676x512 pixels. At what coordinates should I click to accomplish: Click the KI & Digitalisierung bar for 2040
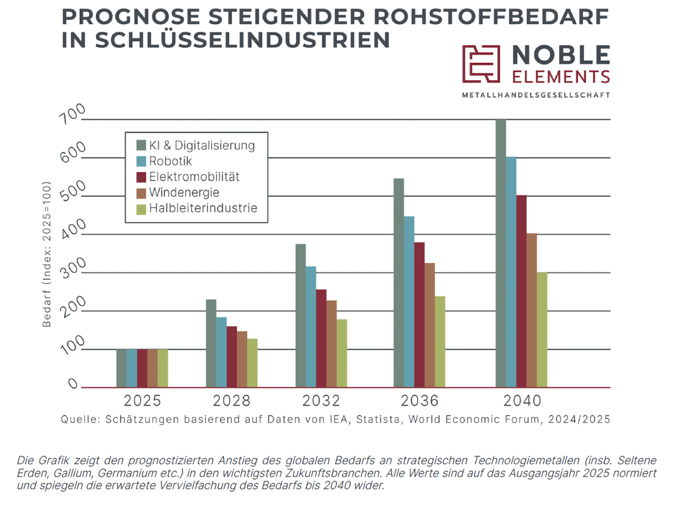501,254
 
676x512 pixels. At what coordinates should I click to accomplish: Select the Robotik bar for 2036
409,302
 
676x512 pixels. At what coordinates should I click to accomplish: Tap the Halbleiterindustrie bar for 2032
342,353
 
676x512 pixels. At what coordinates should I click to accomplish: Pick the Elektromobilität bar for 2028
231,357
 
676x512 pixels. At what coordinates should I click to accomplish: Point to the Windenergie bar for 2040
532,310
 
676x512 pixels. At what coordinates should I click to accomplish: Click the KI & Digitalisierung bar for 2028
211,343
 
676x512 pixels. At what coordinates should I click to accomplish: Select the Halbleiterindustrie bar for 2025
163,368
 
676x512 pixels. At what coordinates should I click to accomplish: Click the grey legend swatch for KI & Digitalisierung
141,145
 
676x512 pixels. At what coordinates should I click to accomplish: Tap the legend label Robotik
170,161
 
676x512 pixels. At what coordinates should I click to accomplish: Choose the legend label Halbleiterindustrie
203,208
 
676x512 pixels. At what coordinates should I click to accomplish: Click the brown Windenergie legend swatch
141,193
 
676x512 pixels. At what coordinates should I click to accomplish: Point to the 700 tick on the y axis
72,114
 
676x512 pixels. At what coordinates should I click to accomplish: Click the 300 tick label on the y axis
72,268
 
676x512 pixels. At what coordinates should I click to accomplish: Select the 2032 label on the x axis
321,401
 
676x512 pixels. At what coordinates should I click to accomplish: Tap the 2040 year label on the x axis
522,401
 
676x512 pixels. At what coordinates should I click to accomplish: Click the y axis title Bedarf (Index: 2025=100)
47,254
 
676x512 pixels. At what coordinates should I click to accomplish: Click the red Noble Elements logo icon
481,64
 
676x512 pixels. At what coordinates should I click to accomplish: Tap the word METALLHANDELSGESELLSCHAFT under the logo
536,96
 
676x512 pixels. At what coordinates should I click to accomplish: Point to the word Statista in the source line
379,420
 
